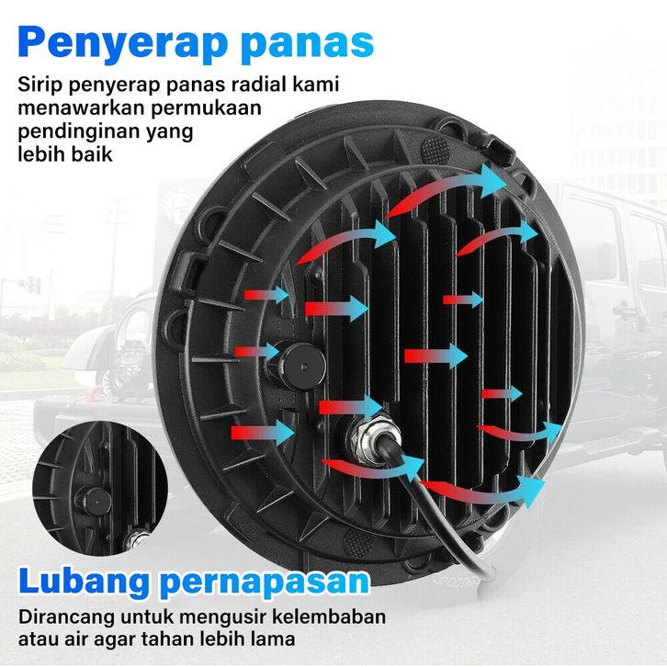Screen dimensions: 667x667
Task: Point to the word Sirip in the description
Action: click(x=39, y=85)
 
